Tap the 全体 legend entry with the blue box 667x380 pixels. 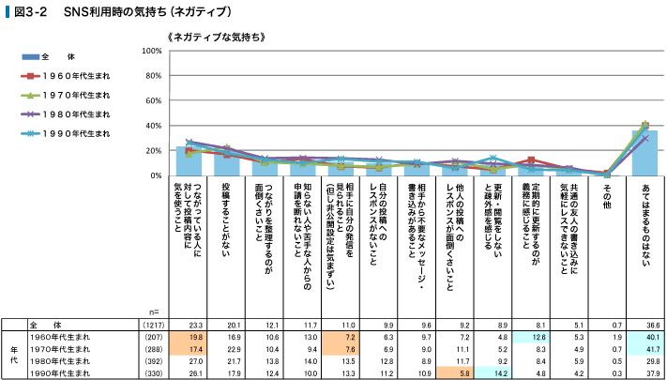pos(56,56)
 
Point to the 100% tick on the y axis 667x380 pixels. pos(151,50)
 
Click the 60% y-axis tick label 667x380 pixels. pos(153,100)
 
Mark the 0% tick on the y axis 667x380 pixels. pos(156,175)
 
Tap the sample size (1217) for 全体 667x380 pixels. pos(152,323)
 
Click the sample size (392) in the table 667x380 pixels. pos(152,358)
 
